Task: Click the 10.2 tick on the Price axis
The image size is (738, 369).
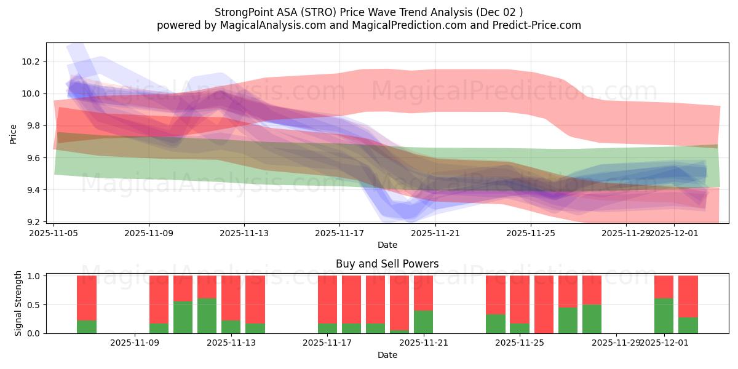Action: pyautogui.click(x=31, y=62)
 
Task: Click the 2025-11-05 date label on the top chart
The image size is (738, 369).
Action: pyautogui.click(x=54, y=233)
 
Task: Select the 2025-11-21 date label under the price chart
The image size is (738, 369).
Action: pyautogui.click(x=435, y=233)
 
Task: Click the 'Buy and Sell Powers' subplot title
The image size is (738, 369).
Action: pyautogui.click(x=387, y=264)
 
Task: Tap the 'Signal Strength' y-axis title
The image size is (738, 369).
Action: pyautogui.click(x=18, y=303)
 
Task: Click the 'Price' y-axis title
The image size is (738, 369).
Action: pyautogui.click(x=14, y=133)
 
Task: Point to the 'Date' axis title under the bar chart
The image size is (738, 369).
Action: pyautogui.click(x=387, y=355)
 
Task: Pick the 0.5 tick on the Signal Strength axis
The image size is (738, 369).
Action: pyautogui.click(x=33, y=305)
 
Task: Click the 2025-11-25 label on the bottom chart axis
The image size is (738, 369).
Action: pyautogui.click(x=520, y=343)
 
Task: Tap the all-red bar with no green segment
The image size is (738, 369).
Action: pyautogui.click(x=544, y=304)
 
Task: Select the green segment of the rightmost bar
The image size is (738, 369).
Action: pyautogui.click(x=688, y=325)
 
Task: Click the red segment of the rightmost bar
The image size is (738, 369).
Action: pyautogui.click(x=688, y=296)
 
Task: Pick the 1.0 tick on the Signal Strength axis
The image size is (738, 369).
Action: pyautogui.click(x=33, y=276)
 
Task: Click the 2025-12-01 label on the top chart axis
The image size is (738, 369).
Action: pyautogui.click(x=673, y=233)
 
